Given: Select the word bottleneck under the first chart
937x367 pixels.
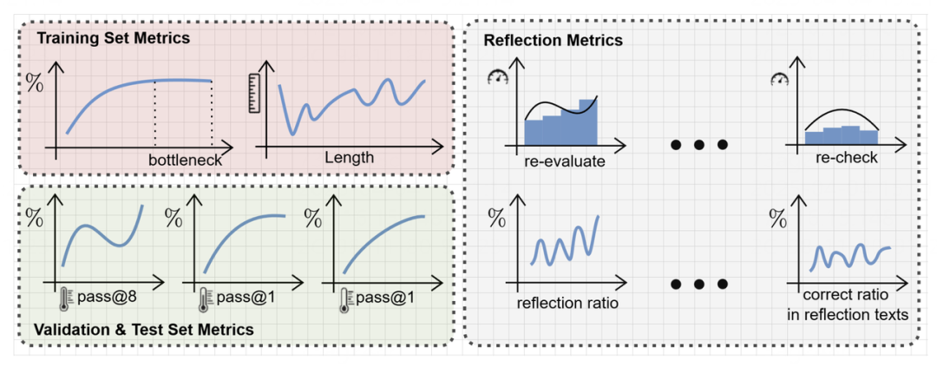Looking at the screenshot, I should pyautogui.click(x=185, y=160).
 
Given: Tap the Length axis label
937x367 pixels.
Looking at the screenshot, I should pyautogui.click(x=349, y=158).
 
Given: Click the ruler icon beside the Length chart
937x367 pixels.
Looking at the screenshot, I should pyautogui.click(x=254, y=94).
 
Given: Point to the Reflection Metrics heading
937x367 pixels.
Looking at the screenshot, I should pyautogui.click(x=553, y=40).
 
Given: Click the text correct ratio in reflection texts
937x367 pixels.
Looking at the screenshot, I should pyautogui.click(x=846, y=305).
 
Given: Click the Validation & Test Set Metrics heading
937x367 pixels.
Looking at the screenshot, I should pyautogui.click(x=143, y=330).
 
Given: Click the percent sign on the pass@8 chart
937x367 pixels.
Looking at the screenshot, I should pyautogui.click(x=35, y=217).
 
